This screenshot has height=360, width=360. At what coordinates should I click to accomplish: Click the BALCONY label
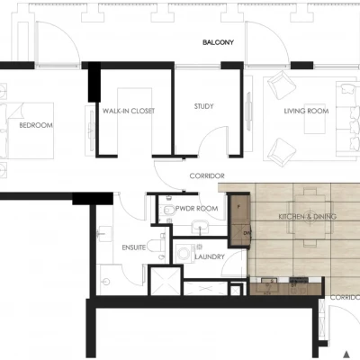[x=218, y=42]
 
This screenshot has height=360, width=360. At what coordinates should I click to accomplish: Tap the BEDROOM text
[x=36, y=125]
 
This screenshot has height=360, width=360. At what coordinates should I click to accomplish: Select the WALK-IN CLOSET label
[x=129, y=111]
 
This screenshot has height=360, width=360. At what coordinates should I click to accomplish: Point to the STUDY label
[x=203, y=106]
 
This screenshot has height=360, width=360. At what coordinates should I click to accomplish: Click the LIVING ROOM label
[x=306, y=111]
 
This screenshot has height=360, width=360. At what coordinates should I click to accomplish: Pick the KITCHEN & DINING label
[x=308, y=217]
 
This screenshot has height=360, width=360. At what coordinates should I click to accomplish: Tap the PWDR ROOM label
[x=197, y=209]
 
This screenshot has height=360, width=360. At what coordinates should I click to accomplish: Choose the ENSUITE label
[x=134, y=247]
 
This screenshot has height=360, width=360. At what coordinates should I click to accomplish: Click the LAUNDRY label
[x=210, y=257]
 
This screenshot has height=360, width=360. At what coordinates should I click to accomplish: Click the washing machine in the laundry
[x=184, y=254]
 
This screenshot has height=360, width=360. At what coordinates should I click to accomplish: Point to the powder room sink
[x=201, y=227]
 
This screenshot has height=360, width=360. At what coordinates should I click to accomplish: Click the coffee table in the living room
[x=315, y=123]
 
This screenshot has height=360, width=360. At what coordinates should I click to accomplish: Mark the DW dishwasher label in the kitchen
[x=247, y=233]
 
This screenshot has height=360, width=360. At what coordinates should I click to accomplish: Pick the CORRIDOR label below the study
[x=207, y=175]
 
